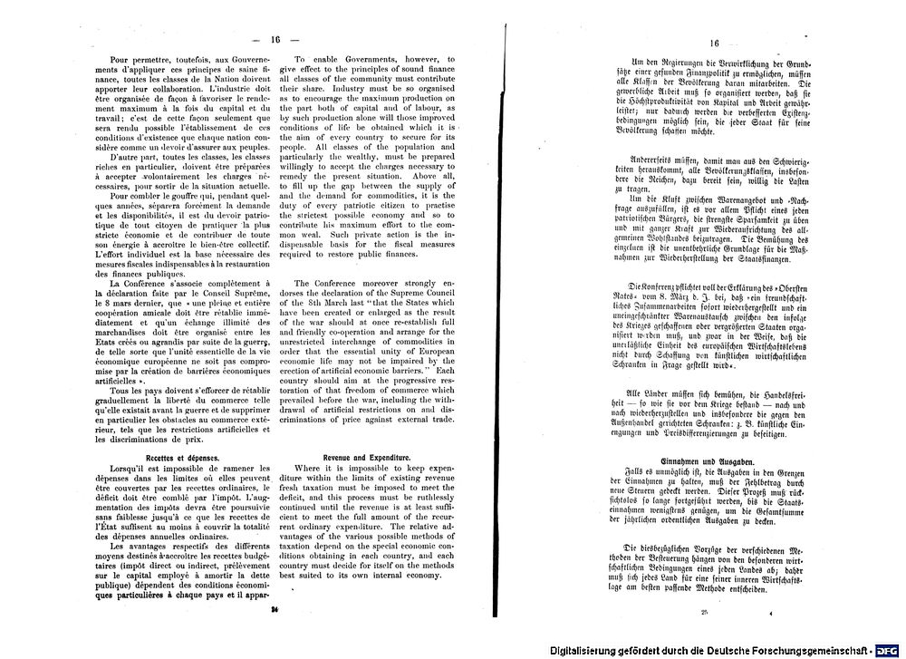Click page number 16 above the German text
[x=714, y=43]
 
